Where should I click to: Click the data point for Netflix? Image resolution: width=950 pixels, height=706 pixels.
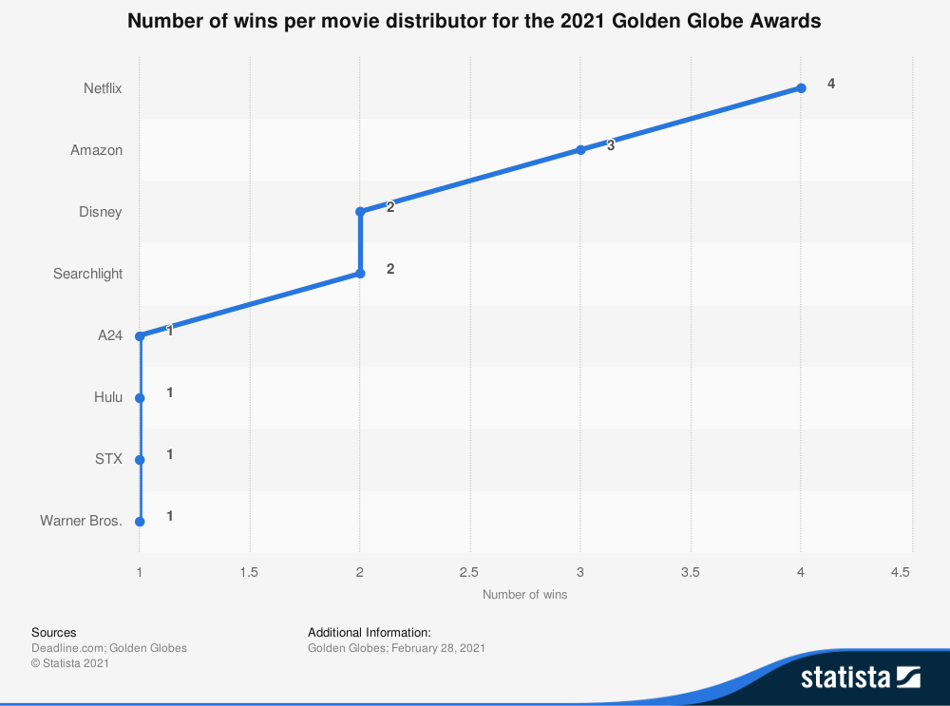801,88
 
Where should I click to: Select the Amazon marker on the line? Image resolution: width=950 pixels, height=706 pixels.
580,150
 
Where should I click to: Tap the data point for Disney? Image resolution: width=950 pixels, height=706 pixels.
360,212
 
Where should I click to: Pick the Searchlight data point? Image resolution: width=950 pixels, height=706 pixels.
360,274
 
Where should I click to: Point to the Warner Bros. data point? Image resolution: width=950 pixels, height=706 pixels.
140,522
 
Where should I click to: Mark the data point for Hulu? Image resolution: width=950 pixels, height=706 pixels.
140,398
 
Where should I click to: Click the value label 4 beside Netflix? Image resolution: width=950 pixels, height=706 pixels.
831,84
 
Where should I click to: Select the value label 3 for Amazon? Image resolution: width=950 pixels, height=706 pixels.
611,145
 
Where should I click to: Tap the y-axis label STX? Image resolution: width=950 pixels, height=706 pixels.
108,459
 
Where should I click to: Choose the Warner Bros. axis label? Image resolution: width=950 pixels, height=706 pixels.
81,521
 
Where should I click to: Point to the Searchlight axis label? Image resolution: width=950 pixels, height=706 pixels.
87,274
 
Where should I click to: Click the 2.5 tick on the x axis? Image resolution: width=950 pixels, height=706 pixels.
470,572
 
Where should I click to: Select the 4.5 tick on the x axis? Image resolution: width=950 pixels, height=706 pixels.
901,572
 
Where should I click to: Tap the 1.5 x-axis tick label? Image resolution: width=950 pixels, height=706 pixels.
250,572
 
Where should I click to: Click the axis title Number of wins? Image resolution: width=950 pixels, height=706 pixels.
525,595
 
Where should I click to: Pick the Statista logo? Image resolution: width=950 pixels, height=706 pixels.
860,677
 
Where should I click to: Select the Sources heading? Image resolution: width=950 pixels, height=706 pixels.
54,632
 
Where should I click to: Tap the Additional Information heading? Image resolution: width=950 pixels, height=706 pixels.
370,632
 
